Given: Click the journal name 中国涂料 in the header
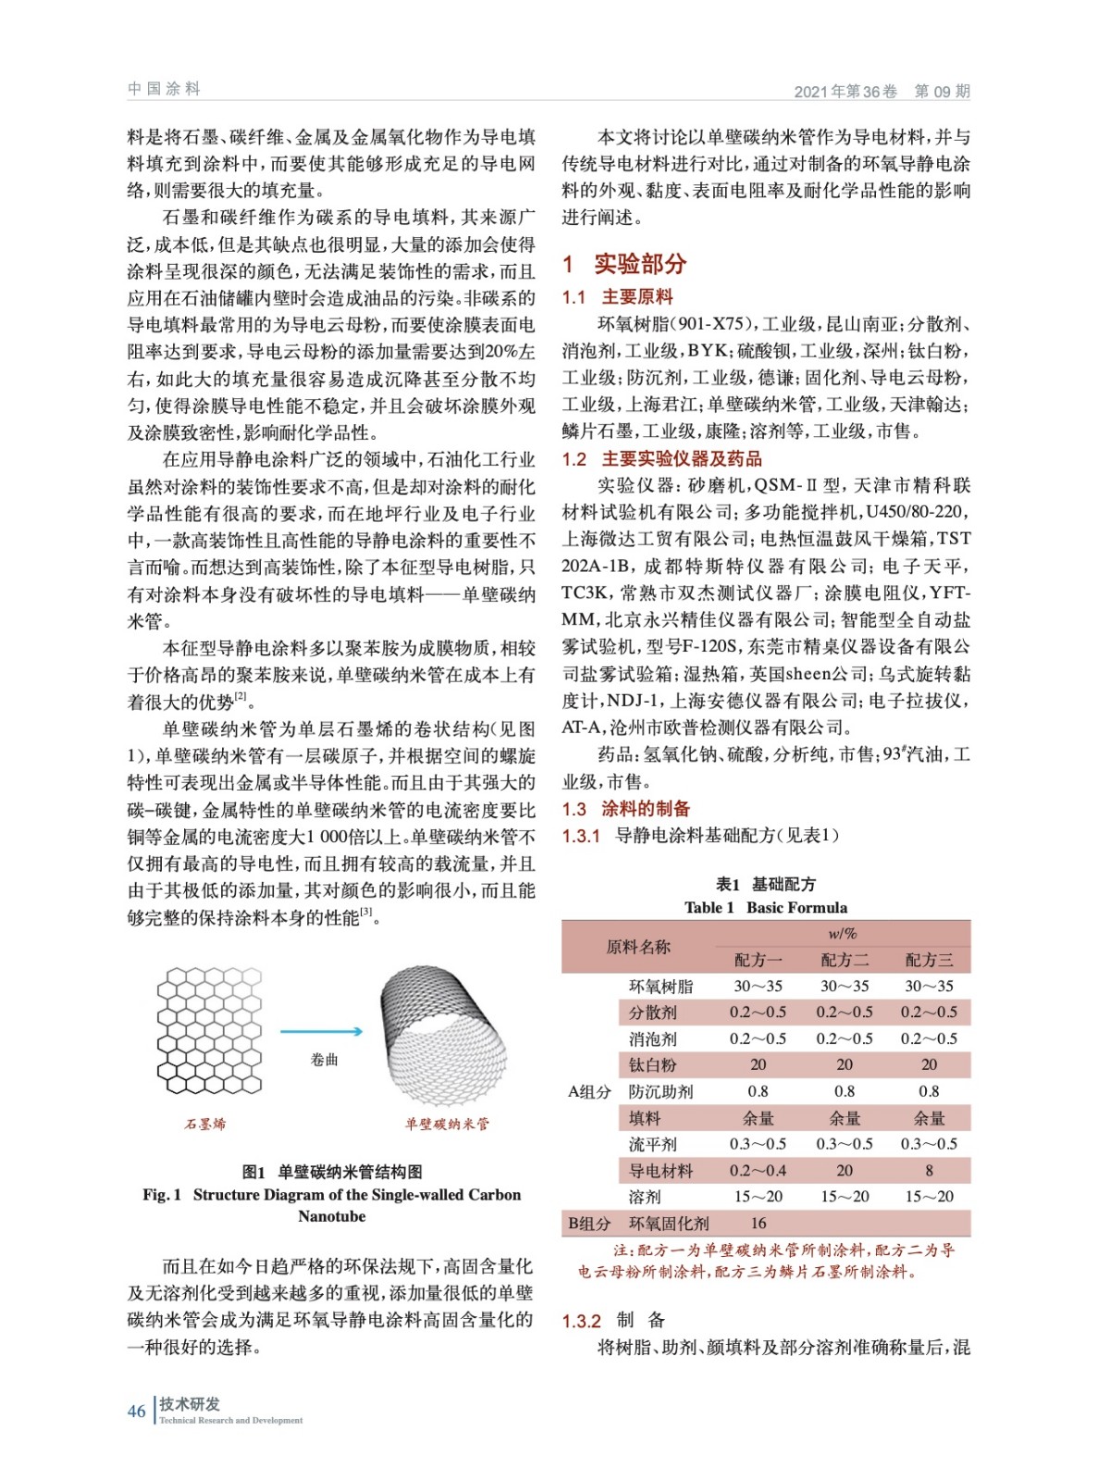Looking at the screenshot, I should pos(164,89).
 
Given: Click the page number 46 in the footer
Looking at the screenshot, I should pos(136,1411).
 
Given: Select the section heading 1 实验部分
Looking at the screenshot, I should pos(624,264).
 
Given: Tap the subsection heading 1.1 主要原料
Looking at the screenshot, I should pos(617,297).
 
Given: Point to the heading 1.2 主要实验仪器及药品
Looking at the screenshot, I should pos(661,459).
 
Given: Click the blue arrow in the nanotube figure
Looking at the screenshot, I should pos(321,1031).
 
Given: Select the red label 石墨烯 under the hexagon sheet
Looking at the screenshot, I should pos(204,1124).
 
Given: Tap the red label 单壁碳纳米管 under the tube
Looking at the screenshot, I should pos(447,1124).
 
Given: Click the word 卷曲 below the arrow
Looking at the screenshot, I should pos(324,1060).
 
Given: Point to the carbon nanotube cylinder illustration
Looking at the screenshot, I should pos(443,1035).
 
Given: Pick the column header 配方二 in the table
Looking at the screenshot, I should pos(845,960).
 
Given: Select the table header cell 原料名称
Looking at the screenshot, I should pos(637,947).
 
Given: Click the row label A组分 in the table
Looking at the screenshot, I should pos(589,1092).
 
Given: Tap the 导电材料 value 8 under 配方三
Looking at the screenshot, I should pos(929,1171).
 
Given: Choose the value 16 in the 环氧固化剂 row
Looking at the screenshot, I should pos(759,1224).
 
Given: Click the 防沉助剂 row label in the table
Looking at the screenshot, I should pos(660,1092).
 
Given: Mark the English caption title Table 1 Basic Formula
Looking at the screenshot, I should pos(765,908).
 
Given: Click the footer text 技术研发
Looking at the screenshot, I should pos(190,1404).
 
